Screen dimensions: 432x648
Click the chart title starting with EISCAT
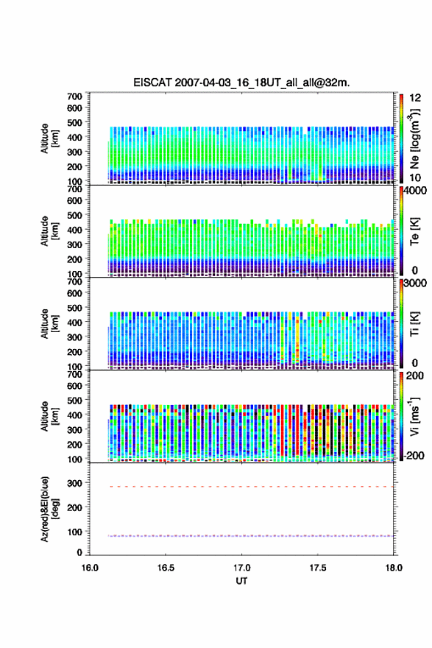241,82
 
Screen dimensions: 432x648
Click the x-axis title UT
241,581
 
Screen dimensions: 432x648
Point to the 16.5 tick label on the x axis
165,568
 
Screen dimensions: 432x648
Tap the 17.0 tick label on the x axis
241,568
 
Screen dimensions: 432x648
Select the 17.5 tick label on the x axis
318,568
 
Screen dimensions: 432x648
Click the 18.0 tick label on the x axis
394,568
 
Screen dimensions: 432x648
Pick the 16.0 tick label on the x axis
90,568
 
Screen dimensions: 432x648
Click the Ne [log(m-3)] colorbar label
414,138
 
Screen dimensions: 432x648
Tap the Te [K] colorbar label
414,231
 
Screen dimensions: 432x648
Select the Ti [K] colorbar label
414,324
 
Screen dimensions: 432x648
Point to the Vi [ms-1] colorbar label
414,416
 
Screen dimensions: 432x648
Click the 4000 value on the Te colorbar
416,191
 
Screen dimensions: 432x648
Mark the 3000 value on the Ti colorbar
416,283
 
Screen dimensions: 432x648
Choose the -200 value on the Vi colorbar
414,455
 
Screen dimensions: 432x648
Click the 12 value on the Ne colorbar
416,98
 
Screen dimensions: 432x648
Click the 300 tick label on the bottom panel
75,483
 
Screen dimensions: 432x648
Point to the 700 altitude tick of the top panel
75,96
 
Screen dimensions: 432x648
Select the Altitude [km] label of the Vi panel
49,417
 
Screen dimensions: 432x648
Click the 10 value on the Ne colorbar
415,177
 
